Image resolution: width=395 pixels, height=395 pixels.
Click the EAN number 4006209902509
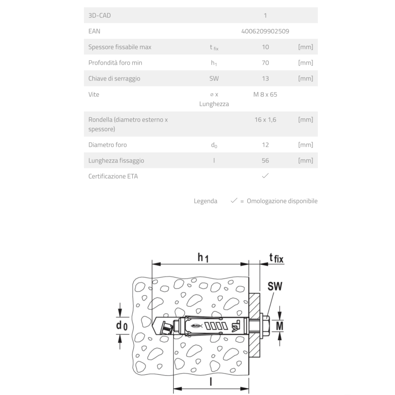265,31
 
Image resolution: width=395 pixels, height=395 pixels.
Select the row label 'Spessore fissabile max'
119,47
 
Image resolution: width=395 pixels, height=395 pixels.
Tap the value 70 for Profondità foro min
265,63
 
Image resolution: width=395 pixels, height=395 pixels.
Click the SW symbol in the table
214,79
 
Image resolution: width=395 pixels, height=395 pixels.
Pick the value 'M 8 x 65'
265,94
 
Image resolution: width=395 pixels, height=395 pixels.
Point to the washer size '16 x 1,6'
265,119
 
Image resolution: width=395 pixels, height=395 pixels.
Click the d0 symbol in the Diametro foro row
214,145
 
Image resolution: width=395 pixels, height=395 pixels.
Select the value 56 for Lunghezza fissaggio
265,160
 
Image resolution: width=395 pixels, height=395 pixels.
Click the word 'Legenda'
205,201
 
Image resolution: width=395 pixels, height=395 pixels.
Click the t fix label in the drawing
277,257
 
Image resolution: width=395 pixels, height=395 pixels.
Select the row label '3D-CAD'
99,15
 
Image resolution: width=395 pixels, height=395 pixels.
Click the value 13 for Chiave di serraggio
265,79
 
